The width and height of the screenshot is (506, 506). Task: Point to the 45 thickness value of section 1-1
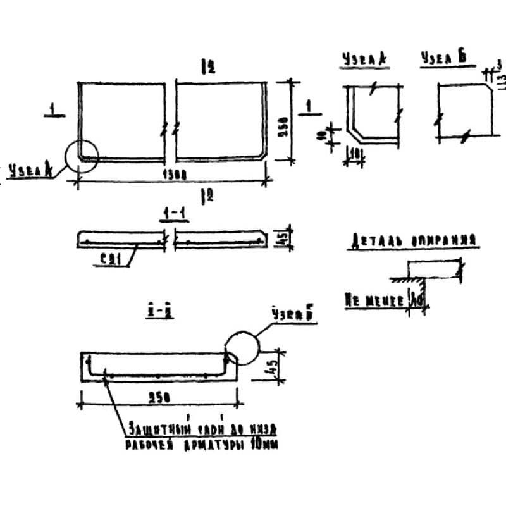(x=283, y=238)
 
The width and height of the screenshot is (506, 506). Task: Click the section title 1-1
(x=168, y=216)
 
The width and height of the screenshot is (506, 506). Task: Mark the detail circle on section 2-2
(x=242, y=349)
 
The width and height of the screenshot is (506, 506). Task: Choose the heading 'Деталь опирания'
(x=411, y=241)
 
